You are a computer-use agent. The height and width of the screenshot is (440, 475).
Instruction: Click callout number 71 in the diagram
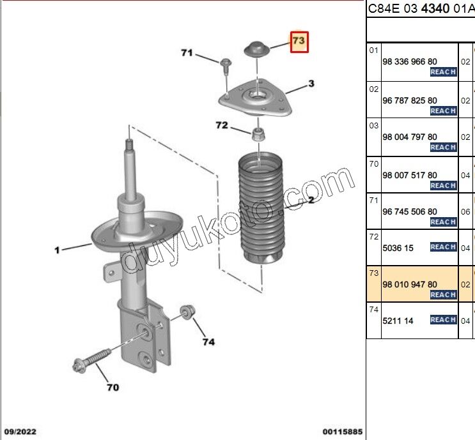tap(186, 53)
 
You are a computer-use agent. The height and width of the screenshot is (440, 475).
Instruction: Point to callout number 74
tap(208, 342)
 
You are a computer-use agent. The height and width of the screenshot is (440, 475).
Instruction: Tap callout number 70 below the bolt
tap(112, 387)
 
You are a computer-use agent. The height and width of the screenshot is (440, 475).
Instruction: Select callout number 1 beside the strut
tap(57, 250)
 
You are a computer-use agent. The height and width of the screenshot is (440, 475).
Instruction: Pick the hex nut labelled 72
tap(259, 133)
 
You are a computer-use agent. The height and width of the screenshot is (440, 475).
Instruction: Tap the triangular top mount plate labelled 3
tap(256, 99)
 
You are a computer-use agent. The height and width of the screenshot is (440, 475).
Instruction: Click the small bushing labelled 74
tap(187, 311)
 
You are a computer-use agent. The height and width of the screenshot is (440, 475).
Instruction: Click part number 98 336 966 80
tap(409, 62)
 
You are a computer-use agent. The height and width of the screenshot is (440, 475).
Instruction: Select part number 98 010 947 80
tap(409, 284)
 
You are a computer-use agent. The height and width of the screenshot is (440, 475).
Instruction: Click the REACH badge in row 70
tap(443, 185)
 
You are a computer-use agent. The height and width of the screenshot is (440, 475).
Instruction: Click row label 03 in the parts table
tap(373, 125)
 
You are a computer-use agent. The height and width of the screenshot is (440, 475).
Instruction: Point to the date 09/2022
tap(20, 432)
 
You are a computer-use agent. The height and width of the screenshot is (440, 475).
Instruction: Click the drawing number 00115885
tap(342, 432)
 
